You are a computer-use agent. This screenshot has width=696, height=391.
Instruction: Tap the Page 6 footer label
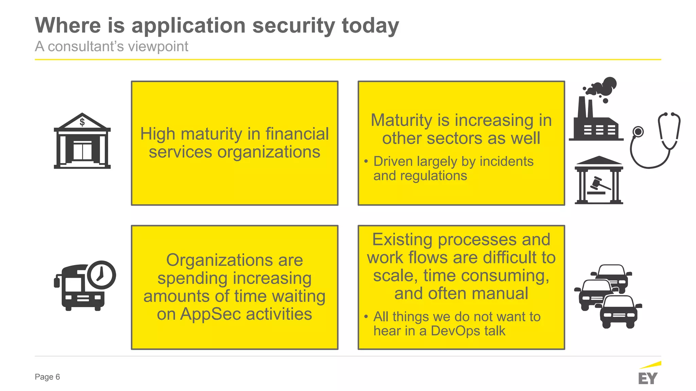pyautogui.click(x=47, y=377)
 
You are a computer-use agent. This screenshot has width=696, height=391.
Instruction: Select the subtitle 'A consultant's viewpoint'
pyautogui.click(x=111, y=47)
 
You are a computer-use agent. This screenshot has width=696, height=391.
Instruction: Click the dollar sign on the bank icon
pyautogui.click(x=82, y=122)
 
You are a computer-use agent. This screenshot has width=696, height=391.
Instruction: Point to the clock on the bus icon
pyautogui.click(x=101, y=275)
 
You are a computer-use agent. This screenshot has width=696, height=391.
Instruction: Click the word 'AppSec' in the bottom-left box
pyautogui.click(x=210, y=314)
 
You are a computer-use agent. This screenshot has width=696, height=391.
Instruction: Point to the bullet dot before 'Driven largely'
pyautogui.click(x=366, y=161)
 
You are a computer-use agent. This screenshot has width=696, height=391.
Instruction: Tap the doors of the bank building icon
pyautogui.click(x=83, y=152)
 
